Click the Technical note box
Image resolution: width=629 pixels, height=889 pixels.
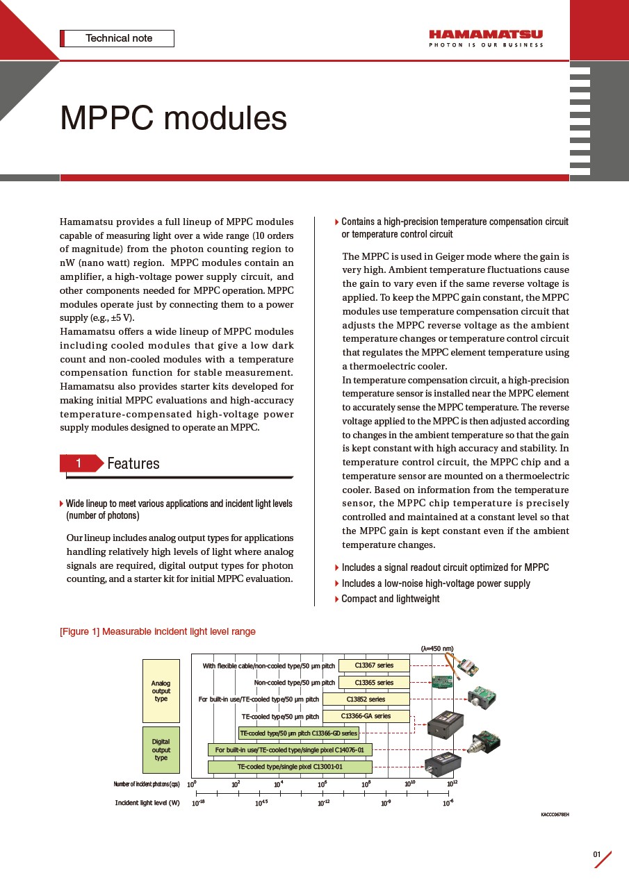118,38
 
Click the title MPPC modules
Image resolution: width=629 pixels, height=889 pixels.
173,119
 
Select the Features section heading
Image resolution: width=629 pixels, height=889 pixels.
133,463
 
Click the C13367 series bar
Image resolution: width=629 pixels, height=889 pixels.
374,665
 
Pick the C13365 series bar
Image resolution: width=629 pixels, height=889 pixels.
374,683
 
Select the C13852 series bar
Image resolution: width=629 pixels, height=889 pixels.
366,699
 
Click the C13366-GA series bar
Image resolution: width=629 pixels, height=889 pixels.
366,716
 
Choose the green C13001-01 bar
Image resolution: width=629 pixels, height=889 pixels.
290,767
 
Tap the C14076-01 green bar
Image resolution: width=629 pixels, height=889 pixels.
290,750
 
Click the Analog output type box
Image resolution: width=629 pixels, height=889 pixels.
161,691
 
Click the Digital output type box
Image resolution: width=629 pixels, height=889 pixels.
161,750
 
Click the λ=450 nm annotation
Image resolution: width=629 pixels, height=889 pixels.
437,649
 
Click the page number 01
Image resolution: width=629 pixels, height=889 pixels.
596,854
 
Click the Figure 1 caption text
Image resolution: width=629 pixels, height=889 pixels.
158,631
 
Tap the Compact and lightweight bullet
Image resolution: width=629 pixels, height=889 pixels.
390,599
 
